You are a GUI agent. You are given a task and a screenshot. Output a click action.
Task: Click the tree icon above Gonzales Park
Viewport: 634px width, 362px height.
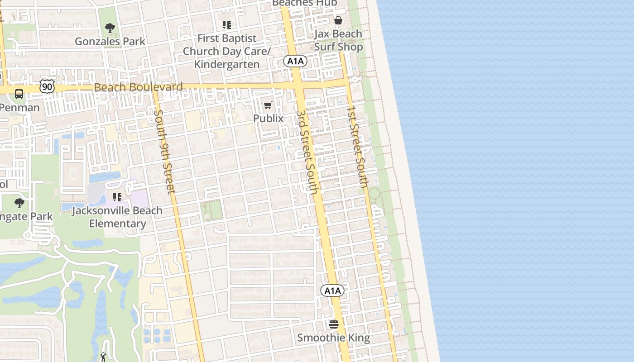coord(110,28)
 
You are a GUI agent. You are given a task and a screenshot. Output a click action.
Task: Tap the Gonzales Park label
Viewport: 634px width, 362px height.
coord(110,42)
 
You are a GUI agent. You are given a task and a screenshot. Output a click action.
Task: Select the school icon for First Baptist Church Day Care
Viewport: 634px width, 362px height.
coord(227,25)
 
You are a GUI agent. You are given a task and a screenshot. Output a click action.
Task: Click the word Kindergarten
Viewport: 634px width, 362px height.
coord(227,64)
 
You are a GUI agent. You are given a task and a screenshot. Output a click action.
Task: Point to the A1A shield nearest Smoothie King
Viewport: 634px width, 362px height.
coord(332,291)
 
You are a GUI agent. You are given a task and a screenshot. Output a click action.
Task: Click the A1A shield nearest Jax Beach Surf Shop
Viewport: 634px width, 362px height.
coord(295,61)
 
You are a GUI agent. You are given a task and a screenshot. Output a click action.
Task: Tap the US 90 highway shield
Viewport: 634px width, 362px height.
coord(47,86)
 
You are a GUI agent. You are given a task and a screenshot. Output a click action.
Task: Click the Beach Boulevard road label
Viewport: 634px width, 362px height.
coord(139,87)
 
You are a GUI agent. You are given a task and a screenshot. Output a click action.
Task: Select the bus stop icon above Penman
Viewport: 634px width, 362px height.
coord(19,94)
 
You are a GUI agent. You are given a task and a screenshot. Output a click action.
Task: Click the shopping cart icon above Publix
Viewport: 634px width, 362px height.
coord(268,105)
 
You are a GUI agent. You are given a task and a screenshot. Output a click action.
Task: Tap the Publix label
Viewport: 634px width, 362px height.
coord(268,119)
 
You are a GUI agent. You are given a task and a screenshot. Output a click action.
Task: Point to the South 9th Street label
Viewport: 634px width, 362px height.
coord(164,152)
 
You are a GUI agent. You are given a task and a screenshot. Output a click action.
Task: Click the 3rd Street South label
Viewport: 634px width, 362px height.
coord(307,152)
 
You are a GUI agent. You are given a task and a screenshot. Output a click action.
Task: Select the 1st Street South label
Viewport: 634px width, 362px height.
coord(357,147)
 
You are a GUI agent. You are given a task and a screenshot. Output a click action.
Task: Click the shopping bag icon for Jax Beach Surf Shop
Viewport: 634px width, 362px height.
coord(338,20)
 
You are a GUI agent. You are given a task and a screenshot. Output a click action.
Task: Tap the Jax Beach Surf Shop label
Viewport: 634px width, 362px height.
coord(338,40)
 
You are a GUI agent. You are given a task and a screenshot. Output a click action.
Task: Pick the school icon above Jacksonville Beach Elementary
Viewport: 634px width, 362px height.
coord(117,197)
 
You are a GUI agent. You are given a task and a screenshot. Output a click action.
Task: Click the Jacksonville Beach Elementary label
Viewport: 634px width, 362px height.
coord(117,217)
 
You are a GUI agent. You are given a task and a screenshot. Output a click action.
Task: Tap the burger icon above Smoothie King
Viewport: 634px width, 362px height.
coord(334,324)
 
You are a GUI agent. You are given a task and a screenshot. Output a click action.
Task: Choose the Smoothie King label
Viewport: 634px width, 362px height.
coord(334,338)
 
